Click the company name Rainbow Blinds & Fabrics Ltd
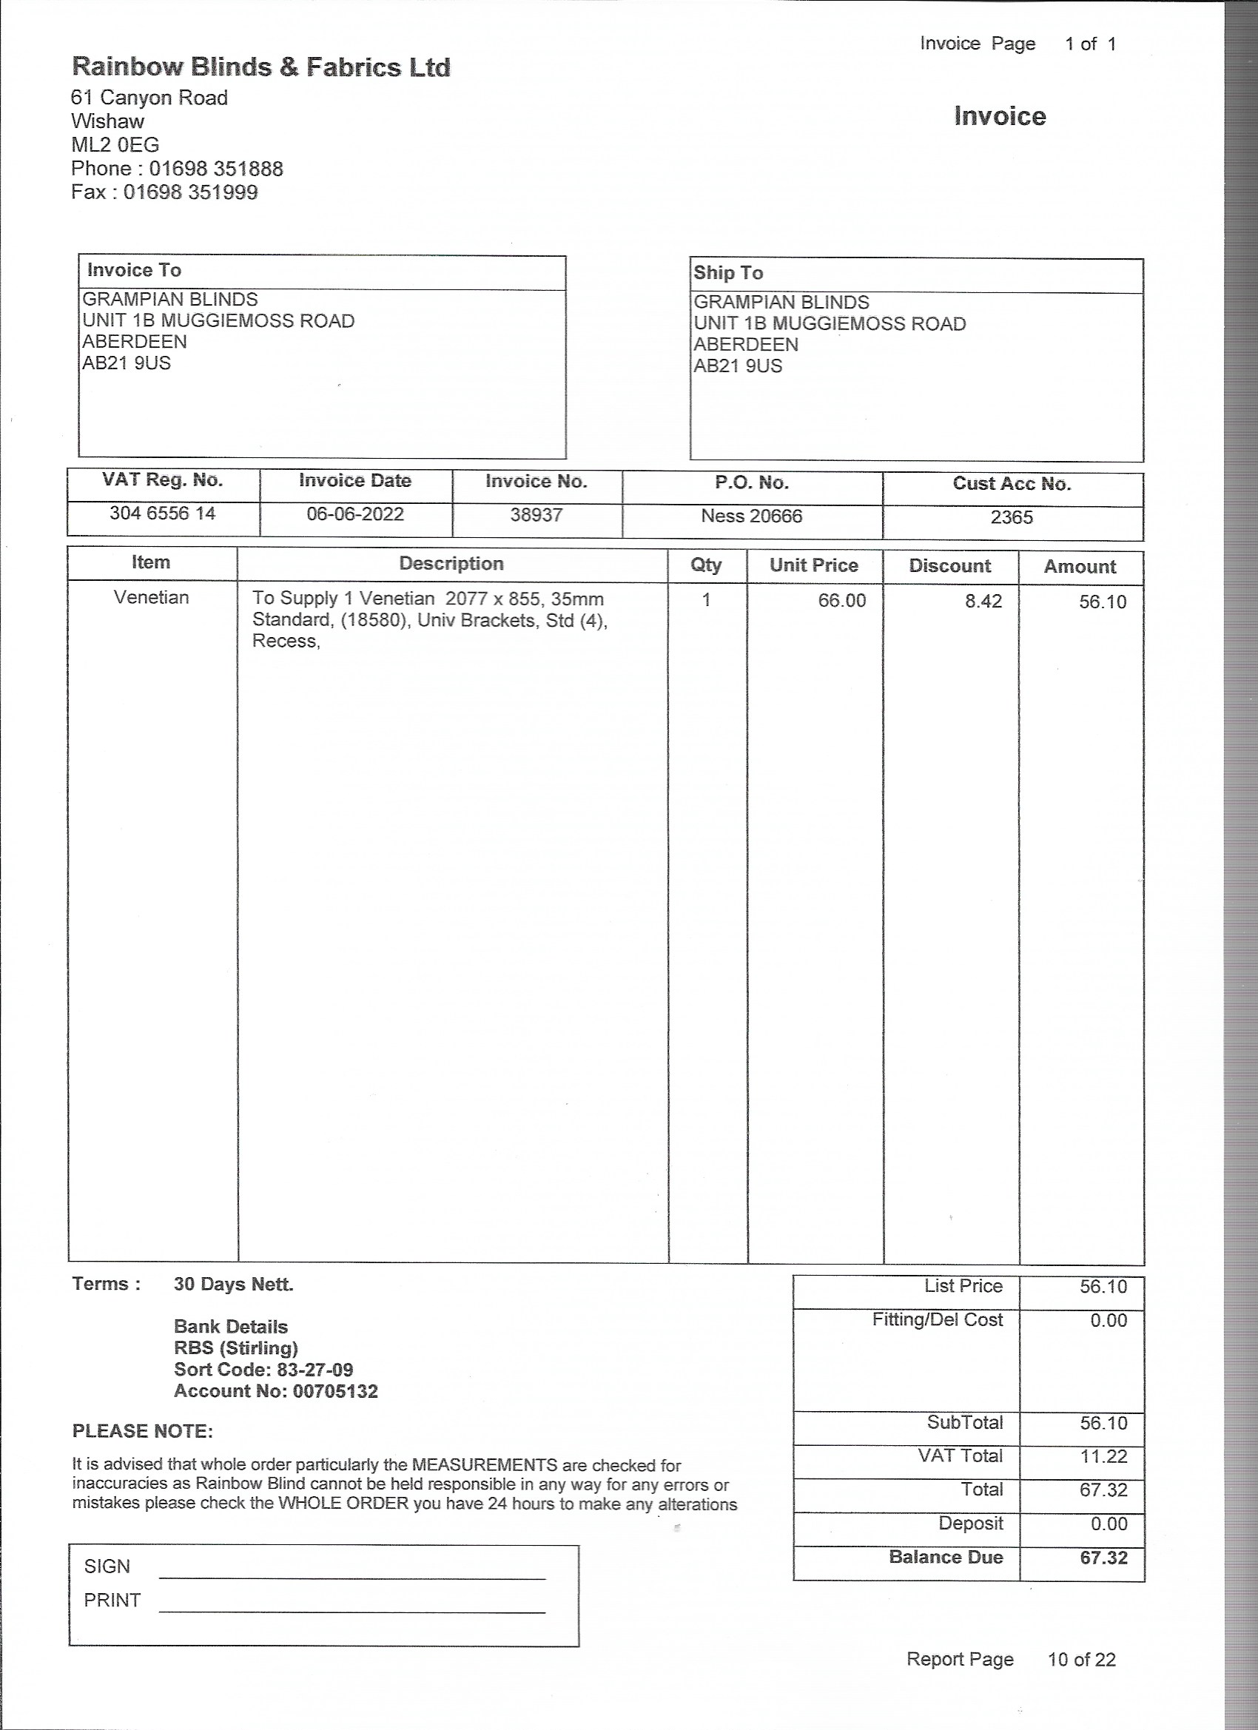(261, 67)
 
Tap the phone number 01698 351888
(216, 169)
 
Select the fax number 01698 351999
(191, 192)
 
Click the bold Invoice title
(1000, 116)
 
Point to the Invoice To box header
(134, 270)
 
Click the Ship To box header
(728, 273)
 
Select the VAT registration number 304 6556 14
(163, 514)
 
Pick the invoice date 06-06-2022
(354, 514)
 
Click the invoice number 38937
(536, 515)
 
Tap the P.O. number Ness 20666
(751, 516)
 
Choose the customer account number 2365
(1012, 517)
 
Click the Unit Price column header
(813, 565)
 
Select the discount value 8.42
(983, 601)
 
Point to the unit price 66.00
(841, 600)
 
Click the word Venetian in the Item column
(151, 597)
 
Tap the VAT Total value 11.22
(1103, 1456)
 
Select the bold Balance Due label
(945, 1557)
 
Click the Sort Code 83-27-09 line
(263, 1369)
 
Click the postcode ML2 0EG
(115, 145)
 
